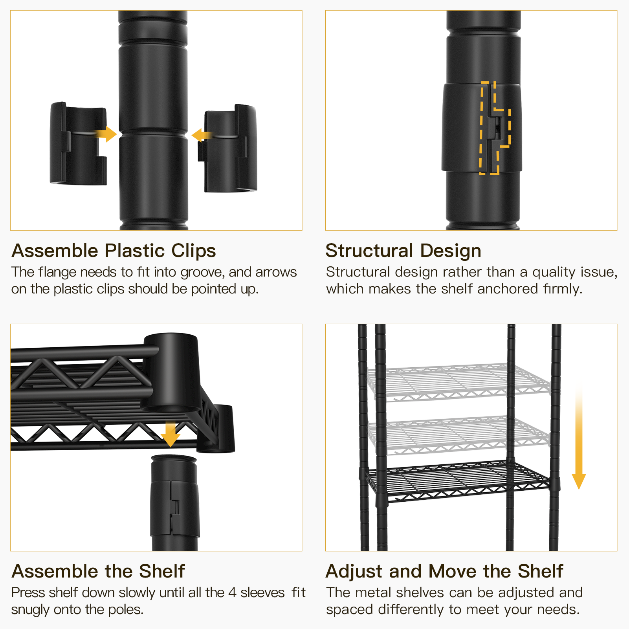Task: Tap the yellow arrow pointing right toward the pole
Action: (x=107, y=134)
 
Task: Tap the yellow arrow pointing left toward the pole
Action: (x=201, y=135)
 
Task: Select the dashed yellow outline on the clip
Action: (x=494, y=128)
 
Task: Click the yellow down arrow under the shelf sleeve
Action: (x=170, y=435)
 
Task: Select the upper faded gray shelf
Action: (x=458, y=381)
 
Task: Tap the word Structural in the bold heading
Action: (x=369, y=251)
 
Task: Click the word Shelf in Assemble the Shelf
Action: (x=161, y=572)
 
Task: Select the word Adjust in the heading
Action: (x=354, y=572)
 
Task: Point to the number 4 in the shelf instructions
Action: (x=232, y=593)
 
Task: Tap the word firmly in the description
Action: (x=562, y=289)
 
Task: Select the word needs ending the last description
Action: (x=558, y=610)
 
